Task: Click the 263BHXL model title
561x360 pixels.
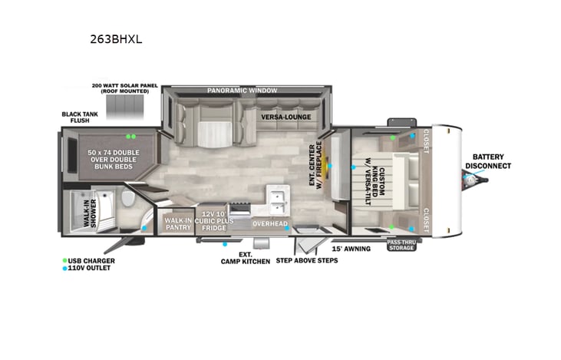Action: pyautogui.click(x=116, y=39)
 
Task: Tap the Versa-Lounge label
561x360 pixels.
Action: pyautogui.click(x=285, y=117)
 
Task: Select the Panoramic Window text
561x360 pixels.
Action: pyautogui.click(x=243, y=91)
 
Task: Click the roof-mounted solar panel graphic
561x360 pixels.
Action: pyautogui.click(x=125, y=107)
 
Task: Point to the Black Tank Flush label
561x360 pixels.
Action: pyautogui.click(x=80, y=117)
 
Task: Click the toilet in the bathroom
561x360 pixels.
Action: pyautogui.click(x=127, y=198)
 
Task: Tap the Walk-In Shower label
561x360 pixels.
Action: pyautogui.click(x=90, y=213)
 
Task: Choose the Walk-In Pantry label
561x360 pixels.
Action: pyautogui.click(x=178, y=224)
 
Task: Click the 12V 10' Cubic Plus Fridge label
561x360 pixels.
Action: pyautogui.click(x=214, y=221)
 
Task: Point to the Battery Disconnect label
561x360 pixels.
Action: pyautogui.click(x=488, y=161)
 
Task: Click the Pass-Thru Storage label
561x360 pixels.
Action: pyautogui.click(x=401, y=245)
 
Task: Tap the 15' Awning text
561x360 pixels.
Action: pyautogui.click(x=351, y=249)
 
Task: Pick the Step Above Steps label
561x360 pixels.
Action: pyautogui.click(x=307, y=260)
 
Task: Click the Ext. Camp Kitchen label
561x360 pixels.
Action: pyautogui.click(x=246, y=258)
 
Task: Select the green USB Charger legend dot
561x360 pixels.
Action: pyautogui.click(x=64, y=260)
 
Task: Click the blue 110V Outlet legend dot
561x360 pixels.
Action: pyautogui.click(x=64, y=269)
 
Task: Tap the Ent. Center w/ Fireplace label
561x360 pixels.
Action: pyautogui.click(x=315, y=163)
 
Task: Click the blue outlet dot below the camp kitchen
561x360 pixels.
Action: pyautogui.click(x=225, y=244)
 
